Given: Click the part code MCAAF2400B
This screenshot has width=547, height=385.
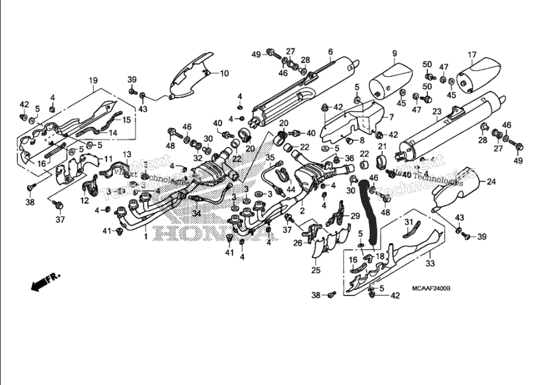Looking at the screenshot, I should [431, 288].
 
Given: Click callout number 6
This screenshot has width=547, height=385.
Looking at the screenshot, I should [330, 51].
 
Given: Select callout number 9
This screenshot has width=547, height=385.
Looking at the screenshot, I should [394, 54].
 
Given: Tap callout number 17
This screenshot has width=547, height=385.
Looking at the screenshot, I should [472, 55].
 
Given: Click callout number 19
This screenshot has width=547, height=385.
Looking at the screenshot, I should [93, 80].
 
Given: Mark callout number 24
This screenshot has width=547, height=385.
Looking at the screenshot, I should [491, 182].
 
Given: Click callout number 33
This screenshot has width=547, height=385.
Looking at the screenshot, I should [430, 263].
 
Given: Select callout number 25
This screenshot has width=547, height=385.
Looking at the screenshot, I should [315, 270].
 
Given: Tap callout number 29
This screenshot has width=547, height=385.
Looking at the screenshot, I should [355, 215].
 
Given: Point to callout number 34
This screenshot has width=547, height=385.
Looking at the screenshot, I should [197, 213].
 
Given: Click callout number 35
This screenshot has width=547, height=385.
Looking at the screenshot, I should [270, 158].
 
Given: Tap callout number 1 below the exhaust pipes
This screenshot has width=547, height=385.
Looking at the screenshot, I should [145, 236].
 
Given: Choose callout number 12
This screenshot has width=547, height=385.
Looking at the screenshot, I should [84, 201].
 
